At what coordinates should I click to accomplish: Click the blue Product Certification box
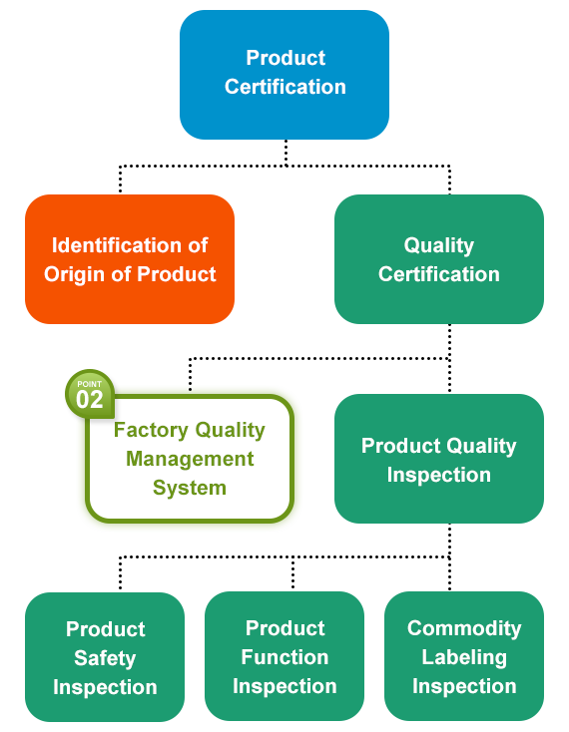click(284, 75)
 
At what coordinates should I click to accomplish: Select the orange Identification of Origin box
click(130, 259)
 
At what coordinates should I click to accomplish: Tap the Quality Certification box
click(439, 259)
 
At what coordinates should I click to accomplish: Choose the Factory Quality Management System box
click(190, 459)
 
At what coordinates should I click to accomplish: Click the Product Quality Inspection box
click(439, 459)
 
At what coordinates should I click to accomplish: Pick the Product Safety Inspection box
click(105, 657)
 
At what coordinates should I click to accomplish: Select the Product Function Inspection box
click(284, 656)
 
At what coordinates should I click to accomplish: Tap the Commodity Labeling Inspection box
click(464, 656)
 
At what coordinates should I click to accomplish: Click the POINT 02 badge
click(90, 394)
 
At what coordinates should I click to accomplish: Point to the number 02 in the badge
click(89, 400)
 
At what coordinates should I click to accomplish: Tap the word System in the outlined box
click(190, 489)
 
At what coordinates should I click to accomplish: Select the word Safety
click(105, 658)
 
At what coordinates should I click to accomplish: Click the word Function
click(284, 657)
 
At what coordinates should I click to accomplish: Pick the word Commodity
click(464, 629)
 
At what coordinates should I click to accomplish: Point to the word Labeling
click(464, 658)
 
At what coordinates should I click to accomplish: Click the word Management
click(190, 460)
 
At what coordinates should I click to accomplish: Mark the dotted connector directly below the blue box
click(285, 153)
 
